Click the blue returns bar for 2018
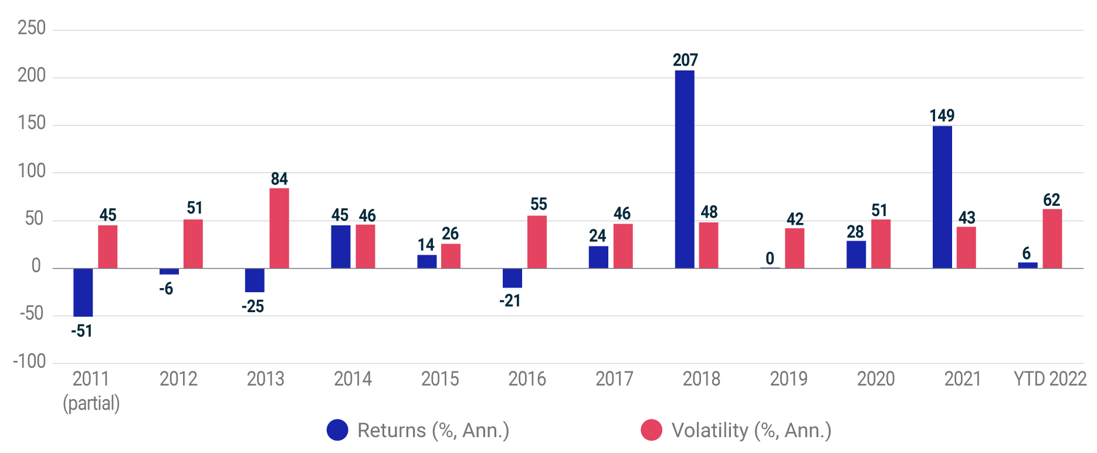pyautogui.click(x=685, y=170)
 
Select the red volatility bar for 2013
pyautogui.click(x=279, y=228)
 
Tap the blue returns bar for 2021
pyautogui.click(x=942, y=197)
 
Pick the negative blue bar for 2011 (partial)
pyautogui.click(x=83, y=292)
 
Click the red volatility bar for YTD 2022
pyautogui.click(x=1052, y=239)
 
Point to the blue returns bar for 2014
pyautogui.click(x=340, y=247)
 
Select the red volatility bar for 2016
pyautogui.click(x=537, y=242)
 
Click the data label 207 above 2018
pyautogui.click(x=685, y=60)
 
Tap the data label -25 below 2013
pyautogui.click(x=253, y=306)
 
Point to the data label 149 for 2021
pyautogui.click(x=942, y=116)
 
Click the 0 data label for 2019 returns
pyautogui.click(x=770, y=258)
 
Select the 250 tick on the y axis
pyautogui.click(x=32, y=28)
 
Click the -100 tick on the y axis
pyautogui.click(x=29, y=361)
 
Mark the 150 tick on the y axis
pyautogui.click(x=32, y=123)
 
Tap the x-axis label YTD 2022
pyautogui.click(x=1050, y=379)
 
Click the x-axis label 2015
pyautogui.click(x=440, y=379)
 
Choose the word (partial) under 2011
pyautogui.click(x=91, y=403)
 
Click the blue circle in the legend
pyautogui.click(x=337, y=430)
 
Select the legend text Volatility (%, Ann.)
pyautogui.click(x=751, y=430)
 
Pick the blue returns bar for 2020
pyautogui.click(x=856, y=255)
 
